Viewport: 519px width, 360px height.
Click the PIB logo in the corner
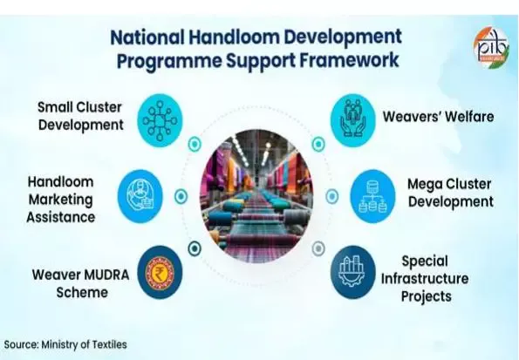click(491, 48)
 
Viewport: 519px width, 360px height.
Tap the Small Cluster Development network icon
click(160, 120)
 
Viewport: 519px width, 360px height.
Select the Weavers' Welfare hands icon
click(353, 120)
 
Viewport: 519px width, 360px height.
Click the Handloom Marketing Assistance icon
click(140, 196)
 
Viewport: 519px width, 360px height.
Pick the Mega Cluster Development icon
click(372, 196)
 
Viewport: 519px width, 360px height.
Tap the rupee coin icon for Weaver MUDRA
click(160, 272)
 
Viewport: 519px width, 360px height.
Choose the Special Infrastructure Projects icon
click(353, 272)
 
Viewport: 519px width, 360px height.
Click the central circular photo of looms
click(256, 196)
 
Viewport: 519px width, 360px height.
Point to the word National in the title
click(147, 37)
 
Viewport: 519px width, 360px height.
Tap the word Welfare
click(468, 117)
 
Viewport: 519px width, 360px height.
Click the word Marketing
click(60, 200)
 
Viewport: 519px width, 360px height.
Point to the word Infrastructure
click(425, 279)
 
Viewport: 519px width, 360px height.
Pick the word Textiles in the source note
click(109, 344)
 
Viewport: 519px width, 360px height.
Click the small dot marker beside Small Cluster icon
click(195, 145)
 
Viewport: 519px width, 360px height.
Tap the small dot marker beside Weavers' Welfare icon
click(318, 145)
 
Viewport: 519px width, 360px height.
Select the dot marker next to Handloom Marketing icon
click(181, 196)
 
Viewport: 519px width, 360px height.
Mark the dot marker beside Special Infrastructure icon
click(318, 248)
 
